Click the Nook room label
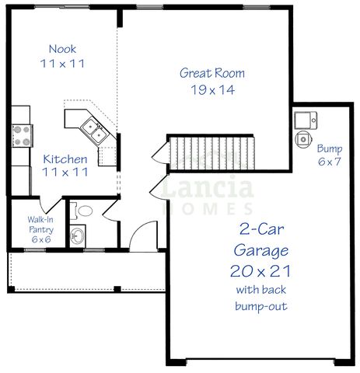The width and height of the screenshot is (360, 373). (x=62, y=48)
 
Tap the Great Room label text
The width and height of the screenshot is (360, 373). (x=212, y=74)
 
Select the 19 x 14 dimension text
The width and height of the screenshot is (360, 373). (x=212, y=89)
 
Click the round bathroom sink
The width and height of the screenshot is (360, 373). (x=78, y=235)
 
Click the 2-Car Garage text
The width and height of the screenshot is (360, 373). (x=260, y=240)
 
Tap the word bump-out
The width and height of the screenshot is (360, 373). (x=260, y=306)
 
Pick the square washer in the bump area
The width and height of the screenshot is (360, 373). (x=305, y=120)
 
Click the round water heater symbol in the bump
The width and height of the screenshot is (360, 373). (x=303, y=138)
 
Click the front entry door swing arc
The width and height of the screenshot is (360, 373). (x=142, y=233)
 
